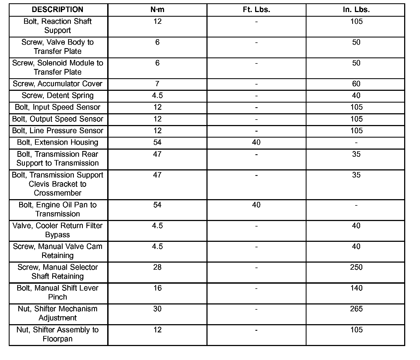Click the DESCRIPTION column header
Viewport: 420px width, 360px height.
(x=57, y=10)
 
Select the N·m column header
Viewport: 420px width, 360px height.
(x=157, y=10)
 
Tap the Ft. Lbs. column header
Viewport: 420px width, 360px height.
(x=256, y=10)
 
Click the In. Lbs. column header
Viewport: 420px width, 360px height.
(x=356, y=10)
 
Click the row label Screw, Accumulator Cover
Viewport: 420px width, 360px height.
(x=57, y=84)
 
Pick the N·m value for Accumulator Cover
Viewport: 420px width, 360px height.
(x=157, y=84)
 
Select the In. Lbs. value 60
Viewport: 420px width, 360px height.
(x=356, y=84)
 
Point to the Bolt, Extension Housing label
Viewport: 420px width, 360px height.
(x=57, y=142)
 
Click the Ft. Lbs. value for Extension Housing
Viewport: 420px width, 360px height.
(x=256, y=142)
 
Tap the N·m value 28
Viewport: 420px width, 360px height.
(x=157, y=267)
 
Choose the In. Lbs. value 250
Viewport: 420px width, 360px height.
(x=356, y=267)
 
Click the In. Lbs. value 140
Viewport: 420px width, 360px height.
(x=356, y=288)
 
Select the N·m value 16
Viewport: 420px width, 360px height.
(x=157, y=288)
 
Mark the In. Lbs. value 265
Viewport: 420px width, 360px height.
(x=356, y=309)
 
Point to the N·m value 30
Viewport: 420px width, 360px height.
(x=157, y=309)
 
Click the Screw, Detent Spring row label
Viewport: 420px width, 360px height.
(x=57, y=95)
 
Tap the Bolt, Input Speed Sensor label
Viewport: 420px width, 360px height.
(x=57, y=107)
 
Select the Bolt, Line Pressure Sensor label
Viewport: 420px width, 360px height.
(x=57, y=130)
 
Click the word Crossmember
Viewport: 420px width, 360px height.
(x=57, y=193)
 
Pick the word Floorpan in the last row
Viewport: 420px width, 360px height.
(x=57, y=339)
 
